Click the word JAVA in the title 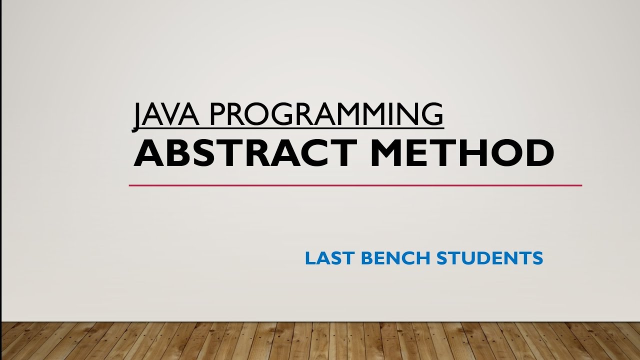coord(165,114)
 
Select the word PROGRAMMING coord(325,114)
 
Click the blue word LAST coord(329,258)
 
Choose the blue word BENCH coord(395,258)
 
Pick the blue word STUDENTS coord(489,258)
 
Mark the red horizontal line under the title coord(355,185)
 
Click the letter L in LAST coord(309,258)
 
